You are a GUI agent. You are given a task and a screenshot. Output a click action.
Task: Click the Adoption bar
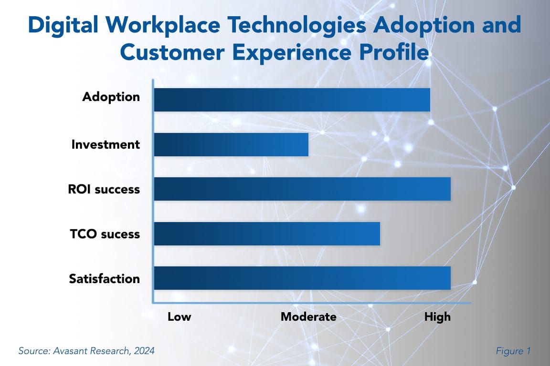[292, 100]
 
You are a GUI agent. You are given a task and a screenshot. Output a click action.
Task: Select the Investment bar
[232, 145]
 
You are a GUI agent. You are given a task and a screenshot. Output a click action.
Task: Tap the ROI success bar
[302, 189]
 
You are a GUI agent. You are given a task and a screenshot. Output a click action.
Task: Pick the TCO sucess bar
[267, 234]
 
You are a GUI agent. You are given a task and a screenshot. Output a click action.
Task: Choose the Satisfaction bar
[302, 278]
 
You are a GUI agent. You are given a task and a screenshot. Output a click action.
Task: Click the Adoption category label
[111, 97]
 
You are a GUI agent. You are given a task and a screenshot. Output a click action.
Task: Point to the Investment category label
[106, 144]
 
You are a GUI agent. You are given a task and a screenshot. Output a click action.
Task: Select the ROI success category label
[104, 189]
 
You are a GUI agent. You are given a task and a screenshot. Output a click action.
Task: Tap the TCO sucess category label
[105, 234]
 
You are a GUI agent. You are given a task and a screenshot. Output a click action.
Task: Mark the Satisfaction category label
[105, 278]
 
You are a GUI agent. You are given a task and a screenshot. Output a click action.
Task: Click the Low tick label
[179, 316]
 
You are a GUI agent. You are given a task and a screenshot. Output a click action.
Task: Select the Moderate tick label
[309, 316]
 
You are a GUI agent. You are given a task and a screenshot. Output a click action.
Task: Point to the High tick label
[437, 317]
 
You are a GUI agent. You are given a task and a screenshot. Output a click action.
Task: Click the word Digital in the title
[63, 26]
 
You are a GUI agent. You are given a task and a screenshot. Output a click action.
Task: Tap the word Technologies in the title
[297, 26]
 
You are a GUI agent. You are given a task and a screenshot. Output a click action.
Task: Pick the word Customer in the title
[172, 52]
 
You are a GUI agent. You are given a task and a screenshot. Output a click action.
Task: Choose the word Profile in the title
[394, 52]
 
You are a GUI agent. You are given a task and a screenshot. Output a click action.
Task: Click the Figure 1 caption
[513, 351]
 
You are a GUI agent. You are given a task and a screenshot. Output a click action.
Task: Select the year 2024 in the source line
[144, 351]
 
